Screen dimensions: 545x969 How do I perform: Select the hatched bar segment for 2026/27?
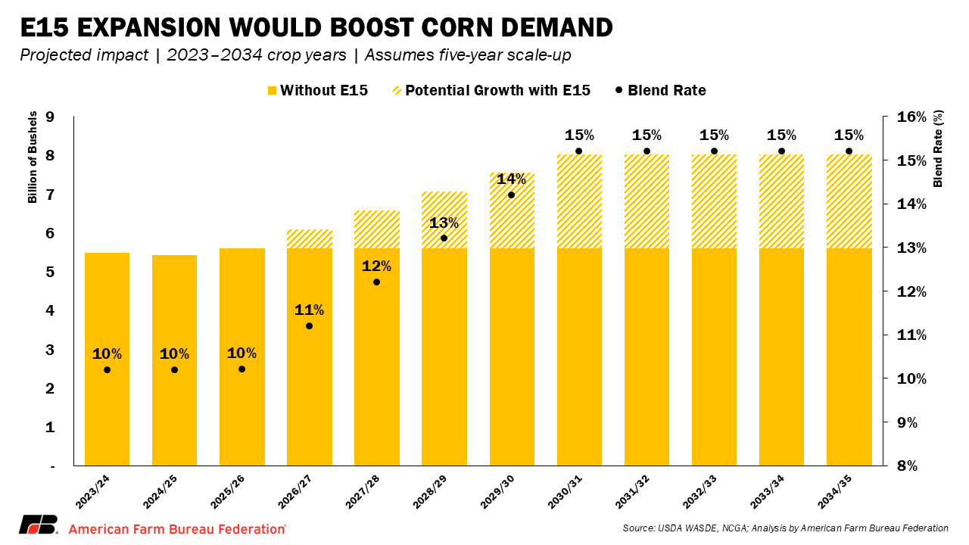[x=310, y=238]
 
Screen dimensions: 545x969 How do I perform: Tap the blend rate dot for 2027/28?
[x=376, y=282]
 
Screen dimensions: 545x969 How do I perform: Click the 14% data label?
[x=511, y=179]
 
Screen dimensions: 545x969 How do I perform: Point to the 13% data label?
[x=444, y=223]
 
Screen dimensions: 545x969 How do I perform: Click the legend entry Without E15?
[x=317, y=91]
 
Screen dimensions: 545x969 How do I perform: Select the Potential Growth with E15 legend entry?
[x=491, y=91]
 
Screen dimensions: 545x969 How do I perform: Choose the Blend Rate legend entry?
[x=661, y=91]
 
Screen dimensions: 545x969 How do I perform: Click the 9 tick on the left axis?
[x=50, y=117]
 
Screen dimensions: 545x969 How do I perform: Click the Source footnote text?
[x=785, y=528]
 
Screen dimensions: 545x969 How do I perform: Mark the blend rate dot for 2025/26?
[x=241, y=369]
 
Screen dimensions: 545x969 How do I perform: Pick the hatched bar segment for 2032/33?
[x=714, y=201]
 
